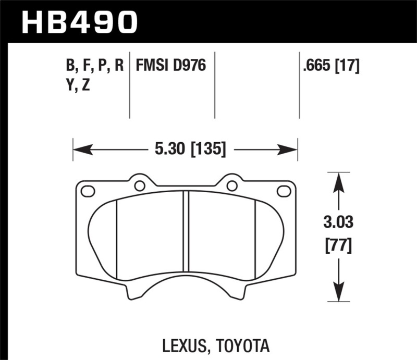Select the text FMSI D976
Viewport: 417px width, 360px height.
171,66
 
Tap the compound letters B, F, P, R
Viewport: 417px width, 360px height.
94,66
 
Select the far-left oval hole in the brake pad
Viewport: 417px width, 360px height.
87,191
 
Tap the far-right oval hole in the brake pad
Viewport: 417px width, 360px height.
284,191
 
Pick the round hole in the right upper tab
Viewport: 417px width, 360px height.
231,185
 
